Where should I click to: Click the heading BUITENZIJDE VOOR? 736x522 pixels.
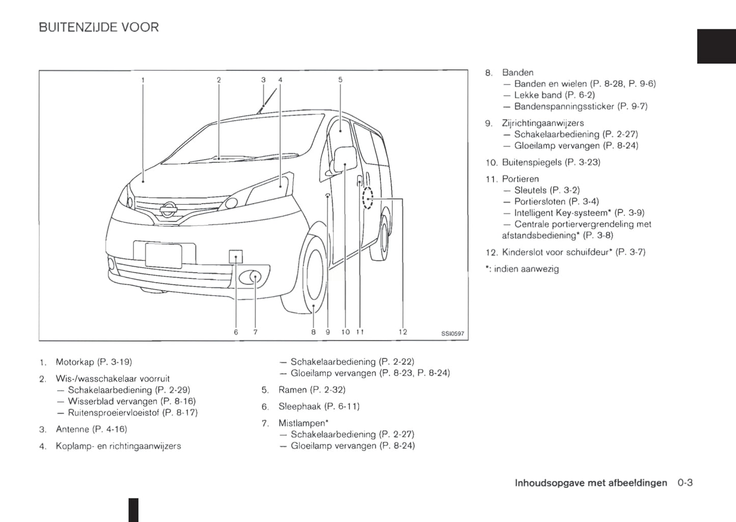pos(99,27)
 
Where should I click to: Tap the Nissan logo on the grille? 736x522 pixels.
pos(168,209)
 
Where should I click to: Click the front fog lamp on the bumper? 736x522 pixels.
pos(252,277)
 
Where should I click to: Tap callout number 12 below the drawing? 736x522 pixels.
pos(402,332)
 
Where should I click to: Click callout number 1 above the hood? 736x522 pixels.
pos(143,80)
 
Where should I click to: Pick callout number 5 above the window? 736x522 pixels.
pos(340,80)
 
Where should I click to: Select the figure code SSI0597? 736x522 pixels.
pos(452,334)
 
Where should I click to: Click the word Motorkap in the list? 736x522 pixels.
pos(75,362)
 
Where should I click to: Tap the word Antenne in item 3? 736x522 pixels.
pos(72,429)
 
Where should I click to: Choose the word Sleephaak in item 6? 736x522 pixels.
pos(299,407)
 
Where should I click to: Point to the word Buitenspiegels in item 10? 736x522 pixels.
pos(525,162)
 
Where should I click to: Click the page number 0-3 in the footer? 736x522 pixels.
pos(685,483)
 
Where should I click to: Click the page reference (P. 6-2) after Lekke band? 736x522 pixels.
pos(580,95)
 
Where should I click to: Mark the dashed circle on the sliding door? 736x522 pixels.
pos(367,198)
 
